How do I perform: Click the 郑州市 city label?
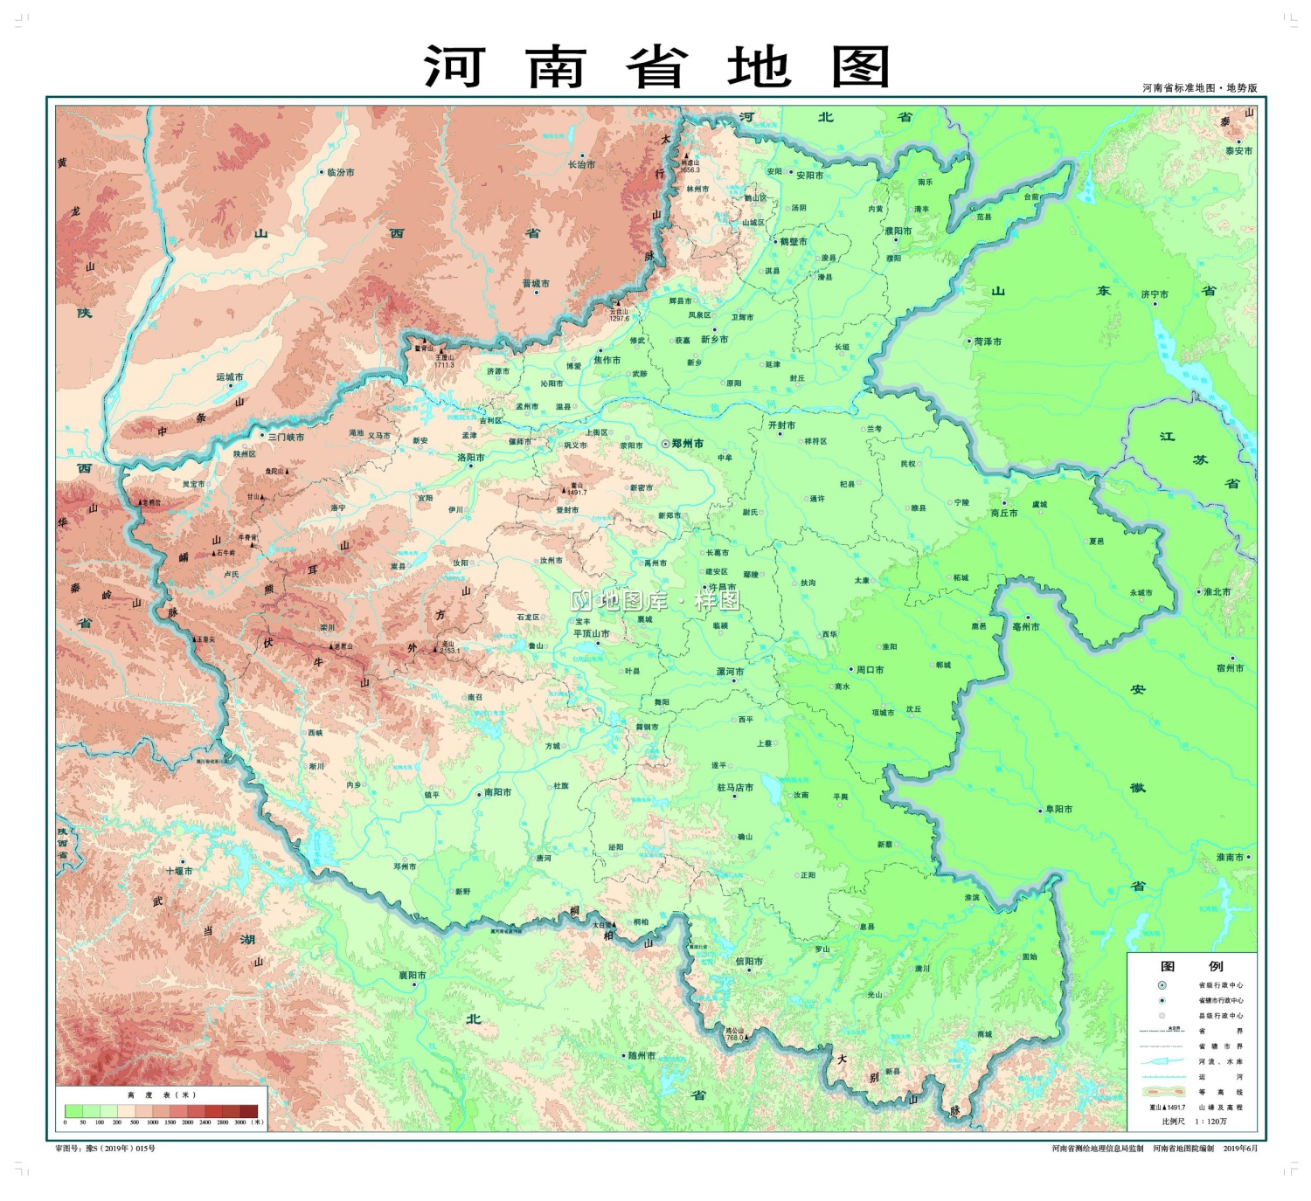click(x=687, y=444)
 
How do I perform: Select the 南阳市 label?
click(x=497, y=792)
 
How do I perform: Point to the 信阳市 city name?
click(x=749, y=961)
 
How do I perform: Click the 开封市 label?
click(x=781, y=425)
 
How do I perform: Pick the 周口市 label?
click(x=870, y=670)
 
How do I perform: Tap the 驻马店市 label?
click(x=735, y=787)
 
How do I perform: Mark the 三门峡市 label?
click(x=286, y=437)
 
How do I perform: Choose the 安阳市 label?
click(x=809, y=176)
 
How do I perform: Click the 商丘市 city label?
click(x=1004, y=513)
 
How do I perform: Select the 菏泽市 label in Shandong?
click(x=988, y=342)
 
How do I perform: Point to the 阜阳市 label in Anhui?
click(x=1058, y=809)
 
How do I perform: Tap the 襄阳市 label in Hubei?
click(x=413, y=975)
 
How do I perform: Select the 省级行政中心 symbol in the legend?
click(x=1162, y=985)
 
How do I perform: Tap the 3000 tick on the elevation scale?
click(x=239, y=1122)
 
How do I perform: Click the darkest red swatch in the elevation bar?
click(x=249, y=1111)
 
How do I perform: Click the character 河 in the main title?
click(x=454, y=67)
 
